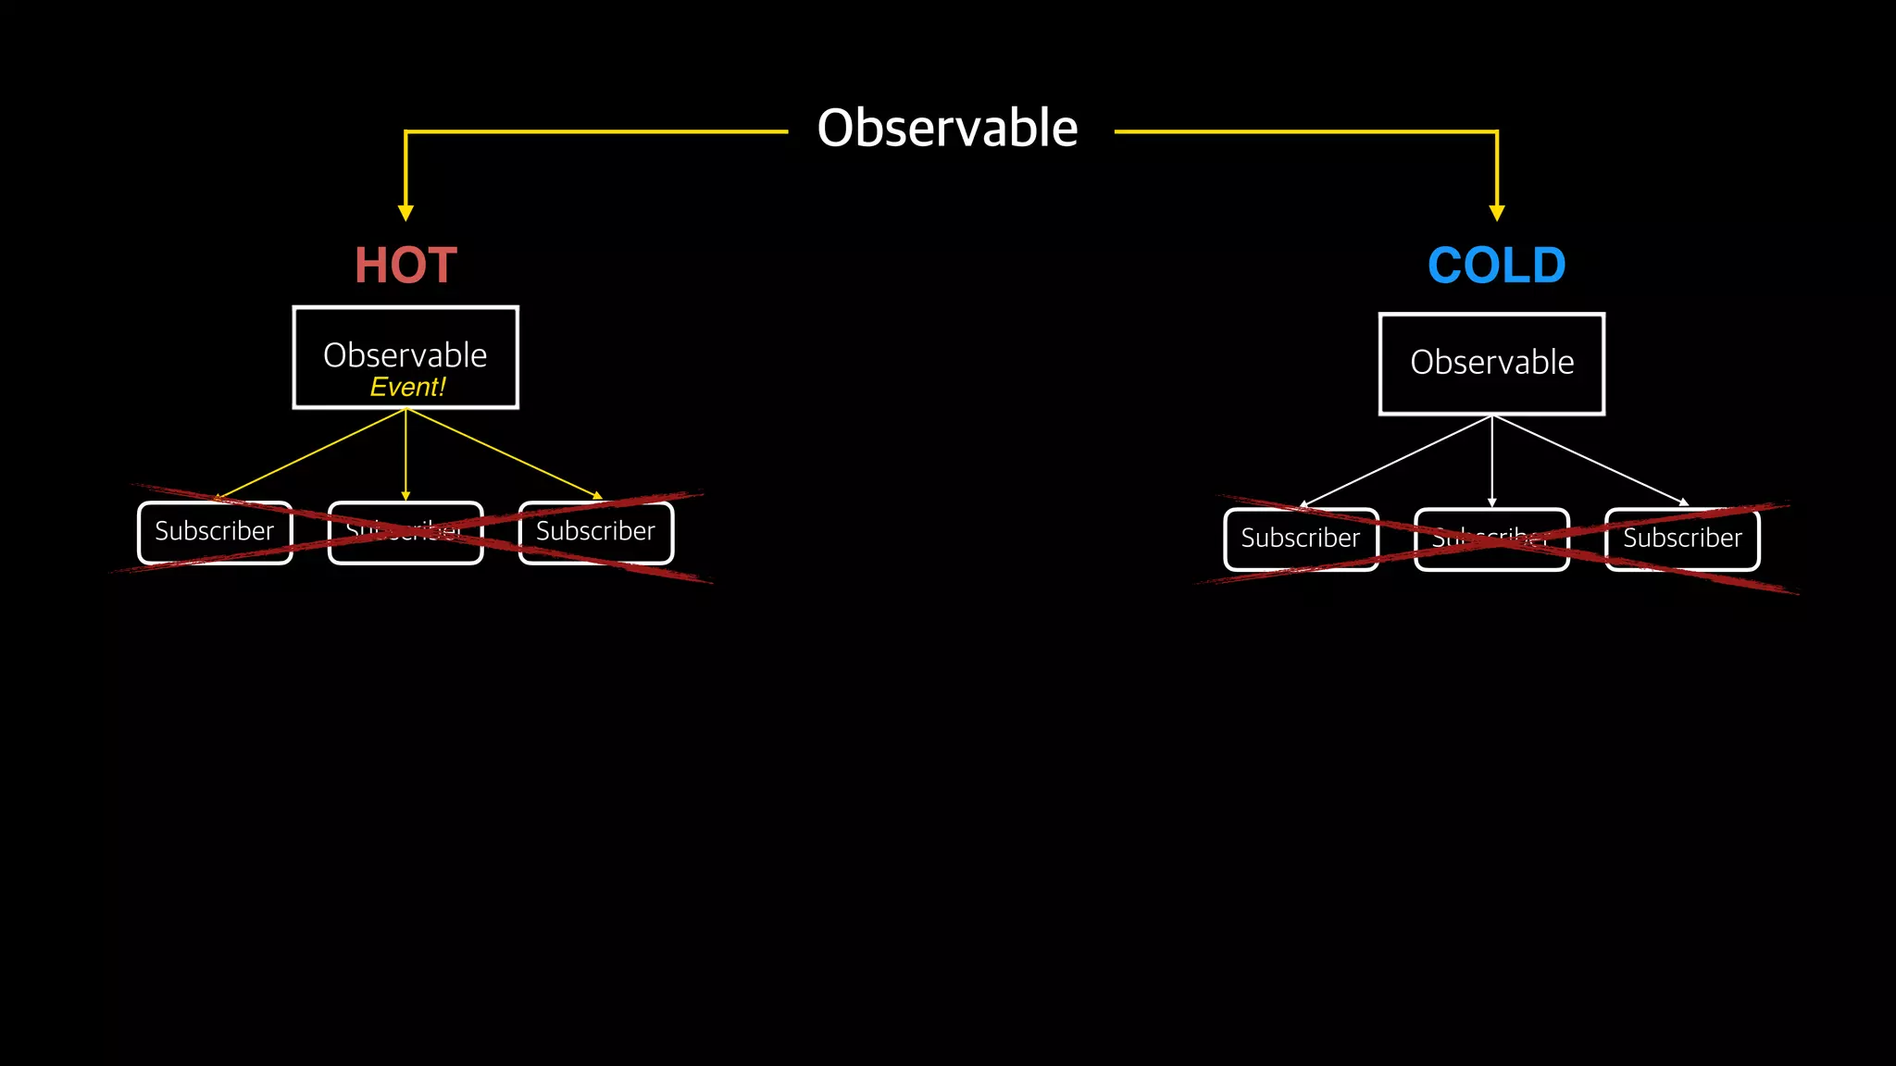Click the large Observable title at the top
tap(947, 128)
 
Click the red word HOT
tap(405, 266)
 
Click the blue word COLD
tap(1496, 266)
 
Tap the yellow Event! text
tap(407, 387)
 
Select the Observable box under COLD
tap(1491, 364)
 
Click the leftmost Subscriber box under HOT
tap(215, 532)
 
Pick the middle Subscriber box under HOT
tap(405, 532)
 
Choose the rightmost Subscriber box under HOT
tap(596, 532)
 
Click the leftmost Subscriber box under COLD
tap(1301, 539)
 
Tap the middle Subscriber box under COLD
tap(1491, 539)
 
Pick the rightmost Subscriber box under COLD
tap(1682, 539)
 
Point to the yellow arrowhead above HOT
tap(405, 213)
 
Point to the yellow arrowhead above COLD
tap(1497, 213)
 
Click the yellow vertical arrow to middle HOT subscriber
tap(405, 453)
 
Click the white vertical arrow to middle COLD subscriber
tap(1491, 460)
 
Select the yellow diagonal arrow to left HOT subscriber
tap(310, 453)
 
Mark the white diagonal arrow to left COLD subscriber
tap(1396, 460)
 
